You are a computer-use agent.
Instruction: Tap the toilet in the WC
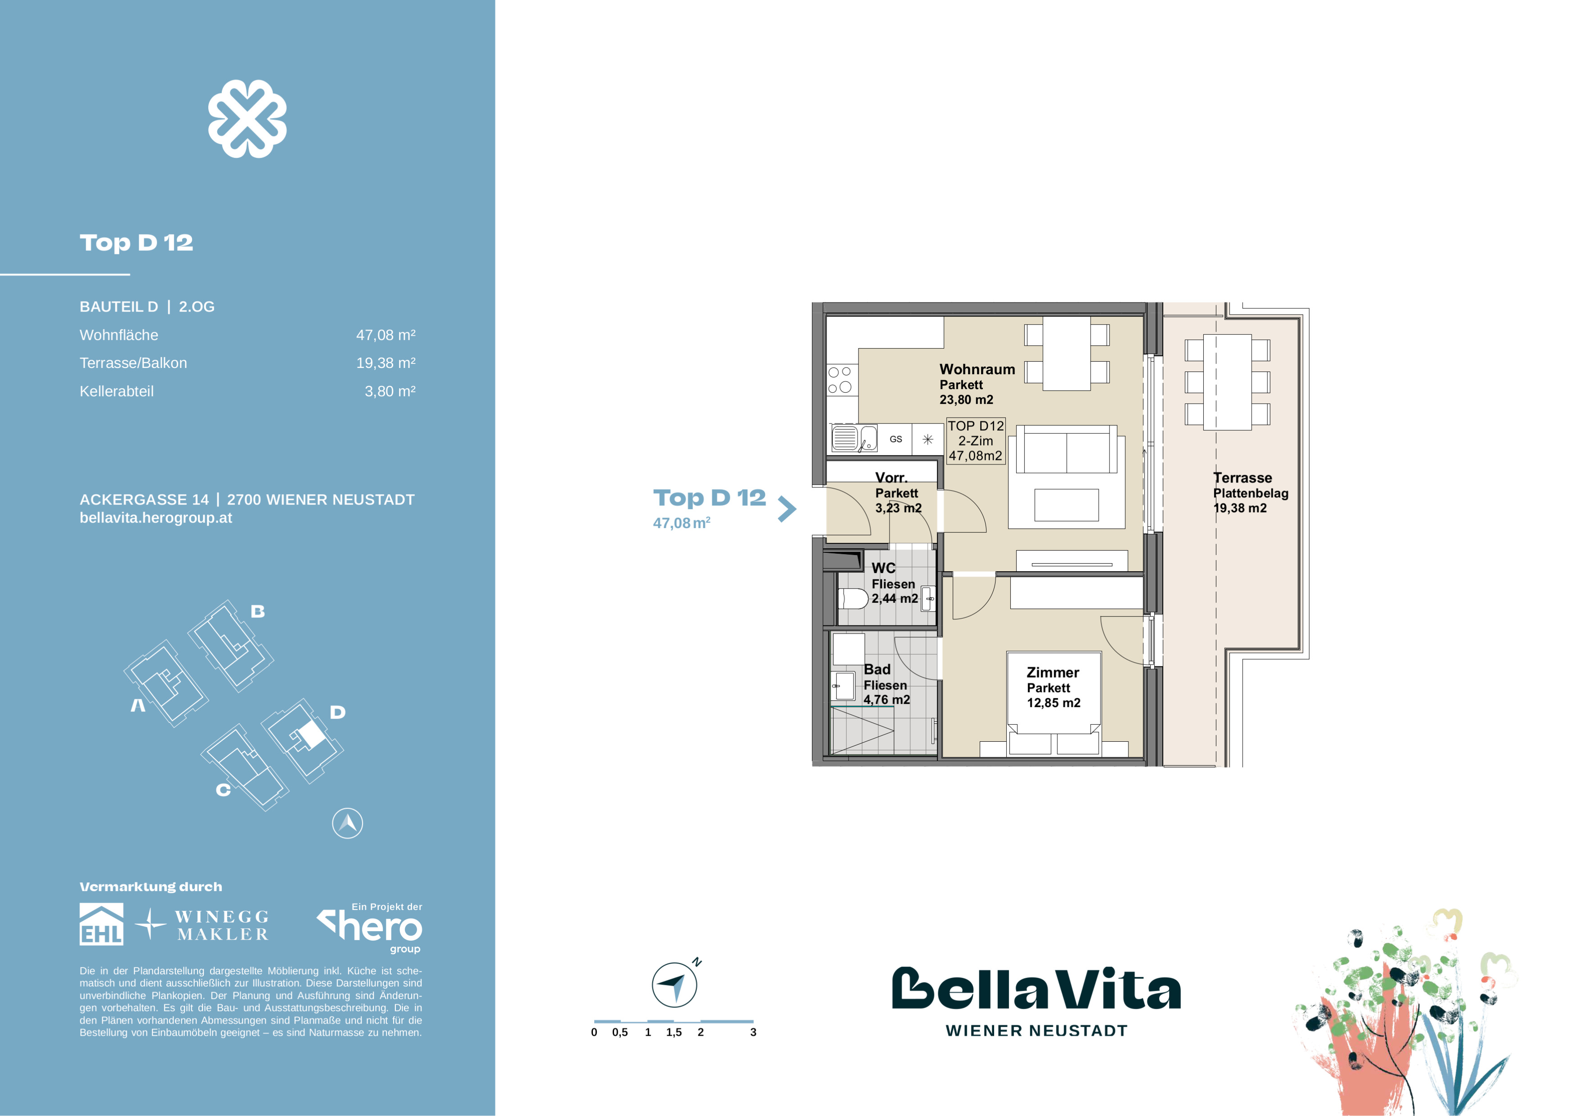click(853, 598)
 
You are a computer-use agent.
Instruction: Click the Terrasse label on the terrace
click(1242, 478)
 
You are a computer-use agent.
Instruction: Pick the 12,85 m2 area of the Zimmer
click(1054, 703)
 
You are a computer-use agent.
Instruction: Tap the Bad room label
click(877, 669)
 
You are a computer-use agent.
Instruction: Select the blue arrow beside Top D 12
click(788, 509)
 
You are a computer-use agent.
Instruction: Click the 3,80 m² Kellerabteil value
click(390, 391)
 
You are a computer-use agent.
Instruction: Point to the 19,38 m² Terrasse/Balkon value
click(385, 363)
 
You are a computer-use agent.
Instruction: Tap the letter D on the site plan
click(337, 712)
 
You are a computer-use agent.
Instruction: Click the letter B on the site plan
click(258, 611)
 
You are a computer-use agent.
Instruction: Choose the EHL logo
click(102, 924)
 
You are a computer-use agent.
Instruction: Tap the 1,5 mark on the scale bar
click(674, 1032)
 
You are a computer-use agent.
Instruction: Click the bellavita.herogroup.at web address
click(156, 518)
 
